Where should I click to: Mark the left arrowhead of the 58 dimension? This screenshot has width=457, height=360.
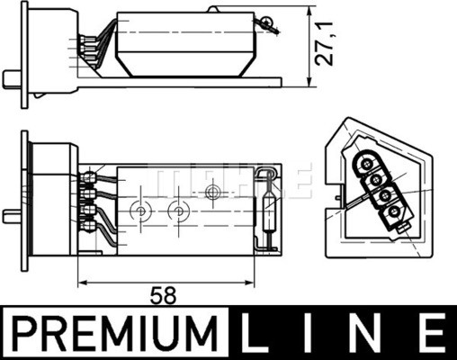(84, 281)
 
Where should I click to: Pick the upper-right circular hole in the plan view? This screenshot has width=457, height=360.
(213, 192)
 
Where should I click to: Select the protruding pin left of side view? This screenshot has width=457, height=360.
(12, 76)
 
